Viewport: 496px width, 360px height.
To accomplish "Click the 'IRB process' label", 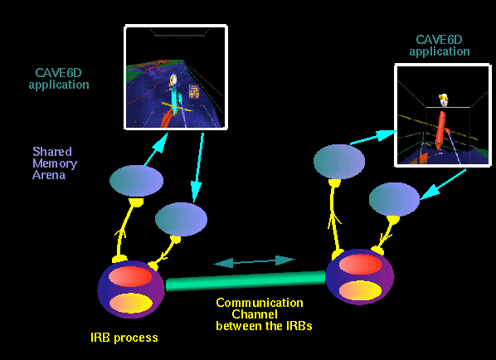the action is tap(124, 338).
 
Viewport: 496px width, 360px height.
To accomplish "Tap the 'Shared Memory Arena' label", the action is tap(55, 163).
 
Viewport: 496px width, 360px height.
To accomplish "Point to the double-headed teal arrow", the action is tap(254, 261).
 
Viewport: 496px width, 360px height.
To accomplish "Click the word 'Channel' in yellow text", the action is tap(255, 314).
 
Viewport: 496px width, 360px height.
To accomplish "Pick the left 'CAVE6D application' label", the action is tap(59, 79).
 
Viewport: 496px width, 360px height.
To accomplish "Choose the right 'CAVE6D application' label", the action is tap(440, 46).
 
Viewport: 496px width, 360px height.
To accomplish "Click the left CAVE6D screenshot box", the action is tap(176, 77).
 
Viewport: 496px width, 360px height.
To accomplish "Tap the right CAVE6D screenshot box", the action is tap(443, 115).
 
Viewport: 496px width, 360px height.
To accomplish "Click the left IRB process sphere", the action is tap(131, 289).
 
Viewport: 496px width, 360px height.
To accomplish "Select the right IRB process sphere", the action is tap(360, 276).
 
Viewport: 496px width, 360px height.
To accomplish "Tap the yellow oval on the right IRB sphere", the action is tap(360, 290).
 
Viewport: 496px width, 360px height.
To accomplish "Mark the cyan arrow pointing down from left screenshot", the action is tap(198, 168).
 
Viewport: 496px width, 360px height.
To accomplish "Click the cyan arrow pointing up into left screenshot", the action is tap(156, 149).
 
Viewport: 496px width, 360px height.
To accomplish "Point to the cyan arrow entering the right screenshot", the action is tap(374, 138).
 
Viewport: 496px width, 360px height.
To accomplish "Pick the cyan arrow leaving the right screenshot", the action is tap(443, 184).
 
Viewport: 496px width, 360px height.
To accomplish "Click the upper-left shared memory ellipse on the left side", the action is tap(136, 181).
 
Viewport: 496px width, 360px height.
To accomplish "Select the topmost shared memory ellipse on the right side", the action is tap(339, 161).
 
